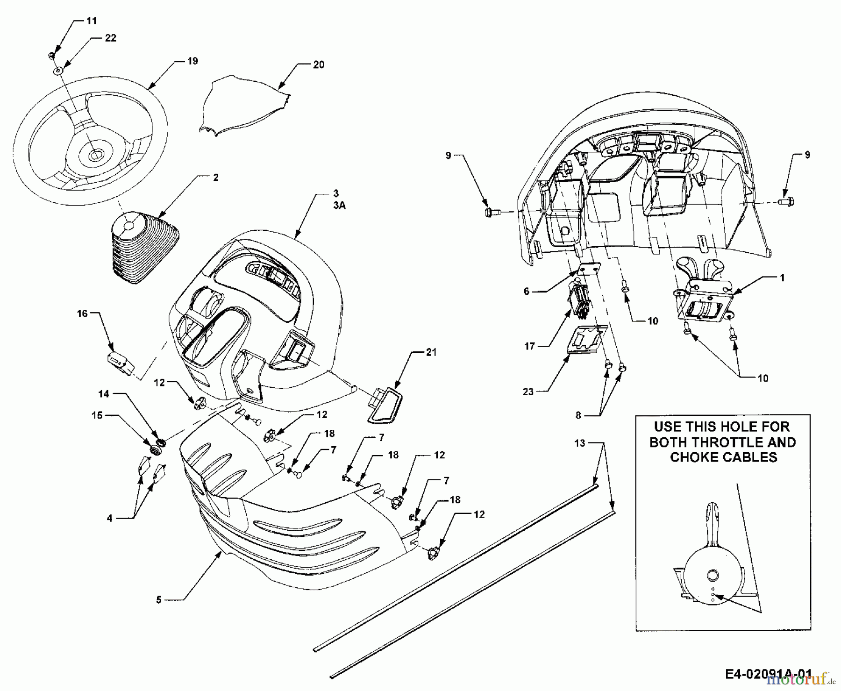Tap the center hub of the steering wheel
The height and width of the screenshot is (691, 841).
point(95,155)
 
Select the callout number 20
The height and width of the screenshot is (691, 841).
point(318,65)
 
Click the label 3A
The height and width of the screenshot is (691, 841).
point(339,205)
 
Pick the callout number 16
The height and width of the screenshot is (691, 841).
point(82,313)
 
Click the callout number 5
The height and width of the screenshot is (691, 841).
point(159,599)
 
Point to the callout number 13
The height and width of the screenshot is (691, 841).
point(579,443)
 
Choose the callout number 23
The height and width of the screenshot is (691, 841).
point(528,392)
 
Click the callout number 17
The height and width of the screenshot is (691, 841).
point(529,347)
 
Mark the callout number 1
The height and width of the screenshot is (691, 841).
point(782,278)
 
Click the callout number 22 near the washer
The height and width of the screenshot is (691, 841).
point(110,38)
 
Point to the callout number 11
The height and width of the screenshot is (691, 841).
point(92,21)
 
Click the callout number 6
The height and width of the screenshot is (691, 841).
point(527,292)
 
